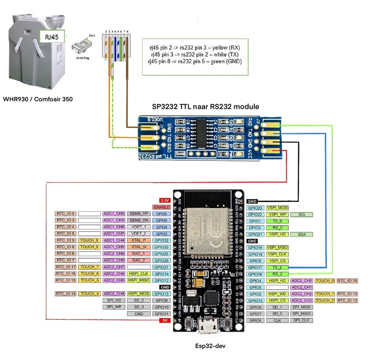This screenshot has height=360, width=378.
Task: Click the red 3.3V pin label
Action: (x=164, y=201)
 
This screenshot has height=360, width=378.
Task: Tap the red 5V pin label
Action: (x=163, y=320)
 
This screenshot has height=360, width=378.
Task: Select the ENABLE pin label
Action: (x=161, y=207)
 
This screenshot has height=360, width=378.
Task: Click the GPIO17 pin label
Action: (x=255, y=267)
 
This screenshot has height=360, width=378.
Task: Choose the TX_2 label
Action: (x=277, y=267)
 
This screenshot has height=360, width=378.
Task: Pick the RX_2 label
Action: (x=277, y=274)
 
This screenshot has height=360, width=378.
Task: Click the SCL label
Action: (x=301, y=214)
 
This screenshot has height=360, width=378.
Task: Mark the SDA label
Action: (x=301, y=234)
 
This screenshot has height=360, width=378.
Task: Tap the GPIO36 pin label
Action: (x=161, y=214)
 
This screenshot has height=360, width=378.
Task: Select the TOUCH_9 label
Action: (x=89, y=240)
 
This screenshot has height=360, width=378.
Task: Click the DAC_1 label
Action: (x=138, y=254)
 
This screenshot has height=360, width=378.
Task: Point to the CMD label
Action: (x=138, y=314)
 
